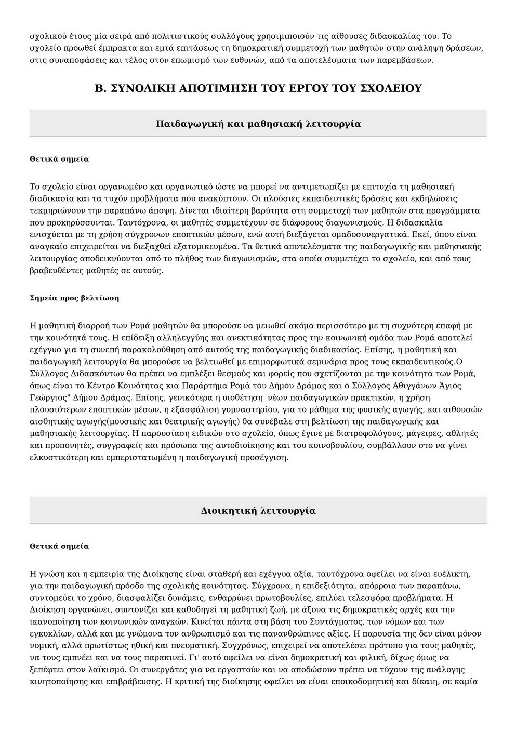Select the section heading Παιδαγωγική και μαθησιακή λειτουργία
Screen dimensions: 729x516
pos(258,124)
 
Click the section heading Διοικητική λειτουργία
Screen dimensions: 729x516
pos(258,510)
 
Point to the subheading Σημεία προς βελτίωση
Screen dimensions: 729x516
pos(74,298)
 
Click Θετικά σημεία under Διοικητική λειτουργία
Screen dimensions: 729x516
pos(59,546)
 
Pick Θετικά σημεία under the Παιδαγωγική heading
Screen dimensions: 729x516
pos(59,159)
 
